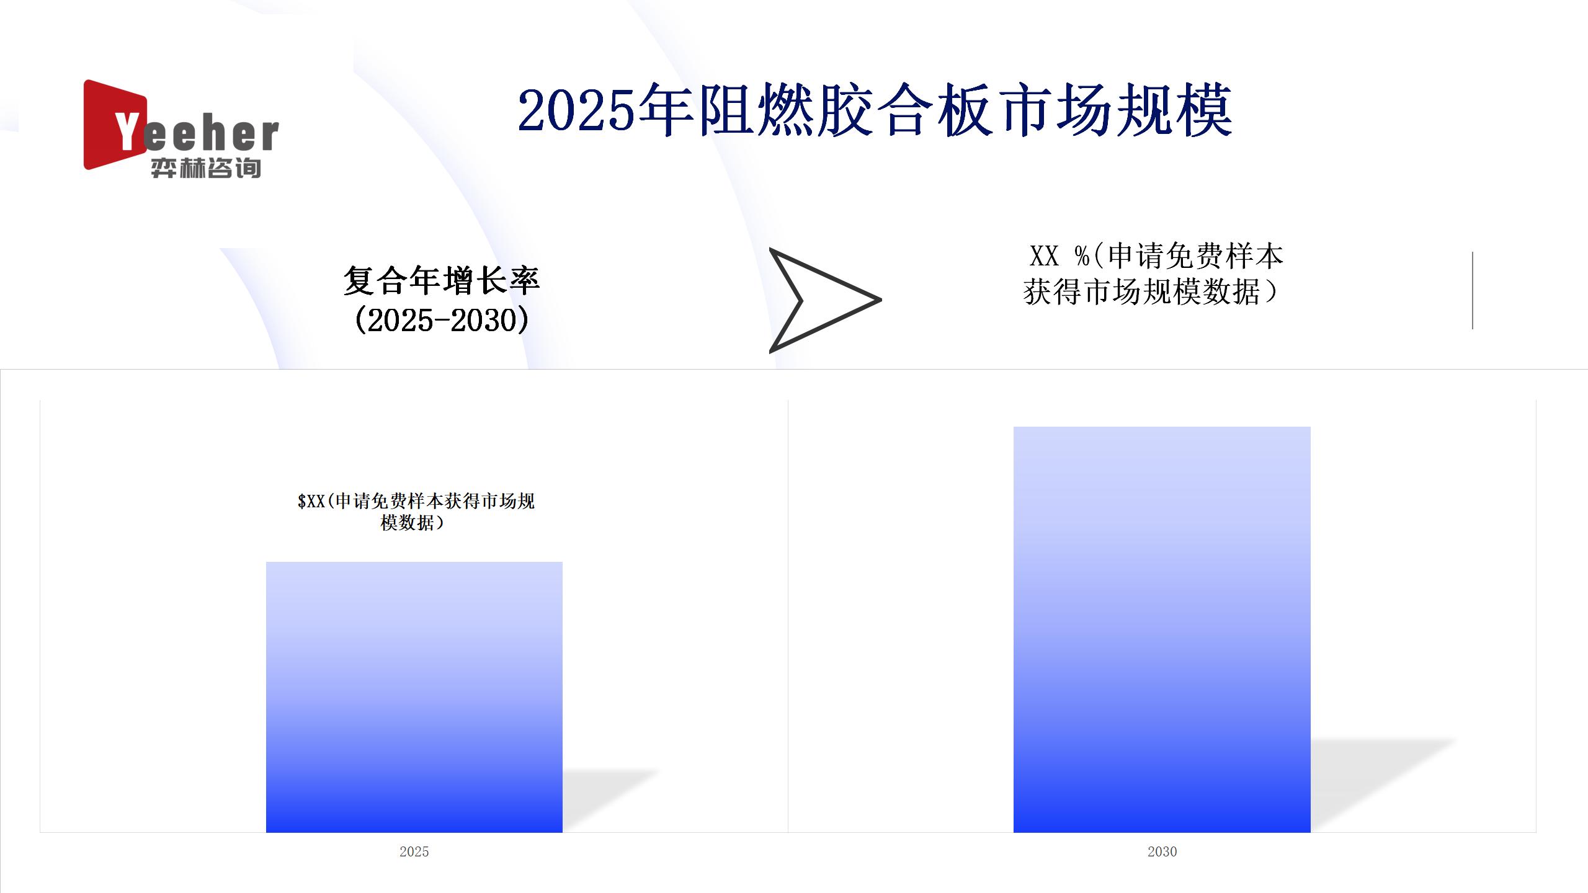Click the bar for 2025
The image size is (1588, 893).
coord(414,697)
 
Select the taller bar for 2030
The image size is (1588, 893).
coord(1162,629)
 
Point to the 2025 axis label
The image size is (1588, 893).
coord(414,851)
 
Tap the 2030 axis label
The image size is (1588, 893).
coord(1162,851)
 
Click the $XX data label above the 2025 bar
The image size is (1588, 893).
coord(416,512)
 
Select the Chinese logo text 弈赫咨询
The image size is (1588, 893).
coord(206,168)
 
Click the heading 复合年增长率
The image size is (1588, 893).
coord(442,281)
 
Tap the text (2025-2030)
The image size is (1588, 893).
coord(442,321)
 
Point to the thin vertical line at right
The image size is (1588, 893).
coord(1472,290)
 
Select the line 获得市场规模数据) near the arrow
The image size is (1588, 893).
coord(1151,291)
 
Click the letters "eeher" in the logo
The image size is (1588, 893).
coord(211,135)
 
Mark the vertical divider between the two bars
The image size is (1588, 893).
coord(788,616)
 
